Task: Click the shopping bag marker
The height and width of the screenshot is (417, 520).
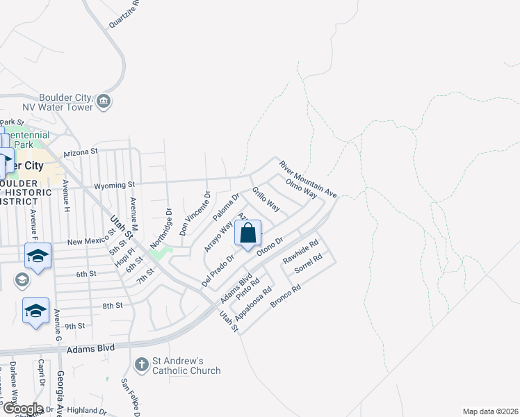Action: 248,234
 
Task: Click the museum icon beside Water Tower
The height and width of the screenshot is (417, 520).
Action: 104,101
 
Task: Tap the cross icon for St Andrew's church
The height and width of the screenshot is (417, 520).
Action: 141,364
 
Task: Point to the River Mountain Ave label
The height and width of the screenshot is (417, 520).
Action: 308,179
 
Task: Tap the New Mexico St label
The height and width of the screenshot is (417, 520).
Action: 91,241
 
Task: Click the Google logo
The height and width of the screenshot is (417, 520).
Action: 22,409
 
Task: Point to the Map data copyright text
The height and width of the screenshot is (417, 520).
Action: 490,411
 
